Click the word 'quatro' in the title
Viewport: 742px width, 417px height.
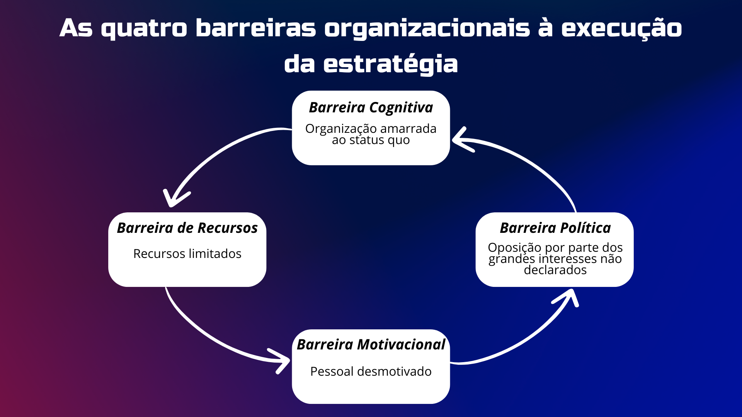144,29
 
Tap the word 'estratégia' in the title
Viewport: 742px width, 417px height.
390,64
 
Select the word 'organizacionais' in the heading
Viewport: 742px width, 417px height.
427,29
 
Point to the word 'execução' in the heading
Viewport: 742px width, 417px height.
621,29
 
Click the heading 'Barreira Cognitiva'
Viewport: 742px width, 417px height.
371,107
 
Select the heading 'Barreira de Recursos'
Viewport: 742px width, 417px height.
187,228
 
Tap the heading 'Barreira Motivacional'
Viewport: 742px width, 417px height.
371,344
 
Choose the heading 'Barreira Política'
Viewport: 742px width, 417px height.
555,228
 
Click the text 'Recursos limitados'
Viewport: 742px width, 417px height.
187,254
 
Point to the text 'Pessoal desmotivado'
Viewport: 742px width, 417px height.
371,371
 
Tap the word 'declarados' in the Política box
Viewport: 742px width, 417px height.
555,270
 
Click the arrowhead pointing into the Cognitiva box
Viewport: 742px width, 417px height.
462,139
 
